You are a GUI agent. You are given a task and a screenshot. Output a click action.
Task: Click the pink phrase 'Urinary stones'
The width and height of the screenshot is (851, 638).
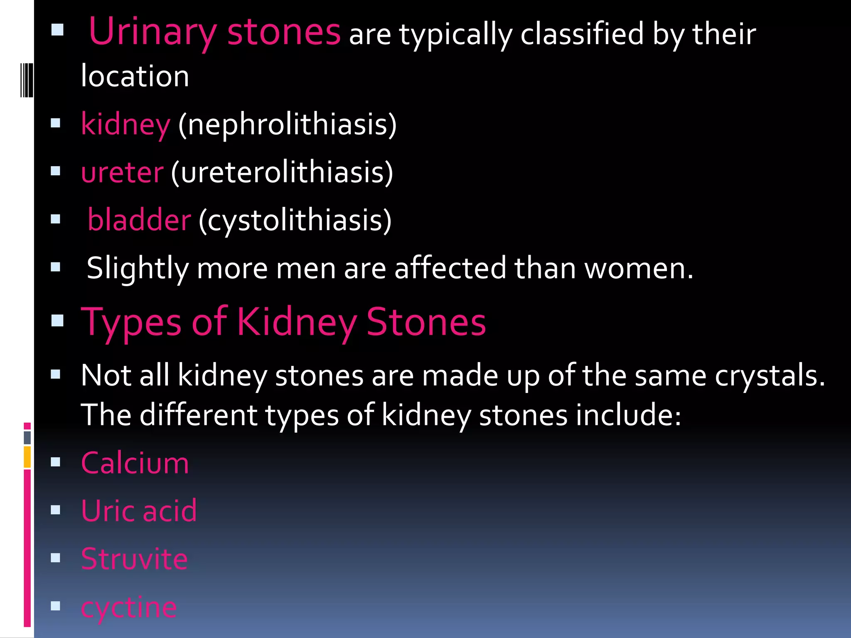[x=214, y=32]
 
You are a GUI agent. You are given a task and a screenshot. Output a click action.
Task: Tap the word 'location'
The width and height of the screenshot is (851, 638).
[x=135, y=76]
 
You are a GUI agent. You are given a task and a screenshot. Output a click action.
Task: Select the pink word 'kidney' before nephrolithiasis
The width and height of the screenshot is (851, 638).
[x=125, y=124]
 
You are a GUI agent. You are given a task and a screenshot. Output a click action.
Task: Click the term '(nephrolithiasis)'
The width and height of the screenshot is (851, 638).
[x=287, y=124]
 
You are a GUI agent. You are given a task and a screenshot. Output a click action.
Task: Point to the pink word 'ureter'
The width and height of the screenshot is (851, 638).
[x=122, y=172]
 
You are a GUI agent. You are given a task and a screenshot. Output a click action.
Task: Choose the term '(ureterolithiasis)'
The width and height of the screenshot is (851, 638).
[x=282, y=172]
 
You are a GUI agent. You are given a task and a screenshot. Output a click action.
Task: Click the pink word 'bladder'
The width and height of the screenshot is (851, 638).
[x=140, y=220]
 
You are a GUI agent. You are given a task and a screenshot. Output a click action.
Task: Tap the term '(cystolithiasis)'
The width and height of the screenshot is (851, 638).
[x=295, y=220]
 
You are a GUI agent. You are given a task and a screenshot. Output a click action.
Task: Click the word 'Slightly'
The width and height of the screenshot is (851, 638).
[x=138, y=268]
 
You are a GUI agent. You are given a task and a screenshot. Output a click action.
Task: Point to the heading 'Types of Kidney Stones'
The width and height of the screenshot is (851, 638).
[x=283, y=322]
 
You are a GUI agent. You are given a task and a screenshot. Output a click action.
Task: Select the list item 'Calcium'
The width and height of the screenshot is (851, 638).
[x=135, y=463]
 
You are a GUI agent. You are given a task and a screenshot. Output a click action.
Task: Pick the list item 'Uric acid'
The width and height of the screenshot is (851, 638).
[x=139, y=510]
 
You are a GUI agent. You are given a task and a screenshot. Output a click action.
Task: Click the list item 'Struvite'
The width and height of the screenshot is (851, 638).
[x=134, y=559]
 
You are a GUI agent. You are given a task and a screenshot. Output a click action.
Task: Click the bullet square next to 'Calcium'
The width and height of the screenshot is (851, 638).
[x=56, y=462]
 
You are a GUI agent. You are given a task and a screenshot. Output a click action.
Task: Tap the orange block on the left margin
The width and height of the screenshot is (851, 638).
[x=27, y=457]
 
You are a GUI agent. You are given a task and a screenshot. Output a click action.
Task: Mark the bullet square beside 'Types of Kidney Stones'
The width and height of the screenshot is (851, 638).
[x=57, y=321]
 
